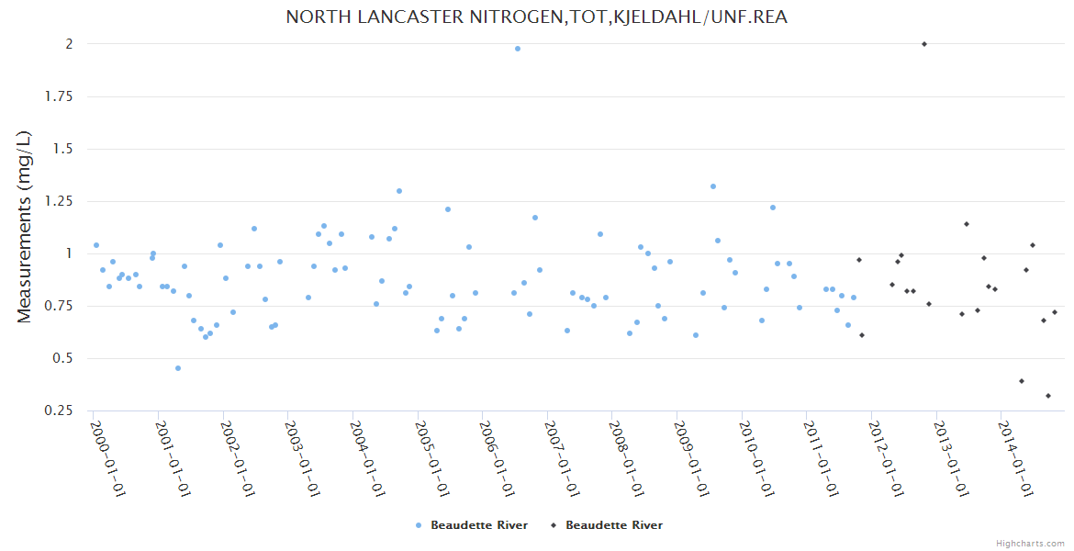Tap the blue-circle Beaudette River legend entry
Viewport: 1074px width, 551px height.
coord(472,525)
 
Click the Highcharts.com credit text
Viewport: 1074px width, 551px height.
coord(1030,544)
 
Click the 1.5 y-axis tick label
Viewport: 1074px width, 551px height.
coord(62,149)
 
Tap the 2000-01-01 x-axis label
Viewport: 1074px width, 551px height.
coord(107,458)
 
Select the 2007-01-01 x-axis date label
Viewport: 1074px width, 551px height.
coord(562,458)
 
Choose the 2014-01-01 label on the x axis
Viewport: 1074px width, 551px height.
coord(1016,458)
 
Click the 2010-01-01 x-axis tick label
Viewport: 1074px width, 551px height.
coord(756,458)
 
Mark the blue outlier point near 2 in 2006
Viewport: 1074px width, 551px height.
coord(518,49)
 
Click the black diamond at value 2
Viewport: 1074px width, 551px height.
coord(924,44)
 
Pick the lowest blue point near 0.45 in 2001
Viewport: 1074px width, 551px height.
coord(178,368)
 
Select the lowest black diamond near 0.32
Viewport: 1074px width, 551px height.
coord(1048,396)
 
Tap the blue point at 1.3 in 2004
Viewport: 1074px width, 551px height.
coord(399,191)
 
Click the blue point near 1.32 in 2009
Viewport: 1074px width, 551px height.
coord(713,186)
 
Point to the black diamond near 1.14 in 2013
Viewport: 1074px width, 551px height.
coord(967,224)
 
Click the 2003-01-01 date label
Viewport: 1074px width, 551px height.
coord(302,458)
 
